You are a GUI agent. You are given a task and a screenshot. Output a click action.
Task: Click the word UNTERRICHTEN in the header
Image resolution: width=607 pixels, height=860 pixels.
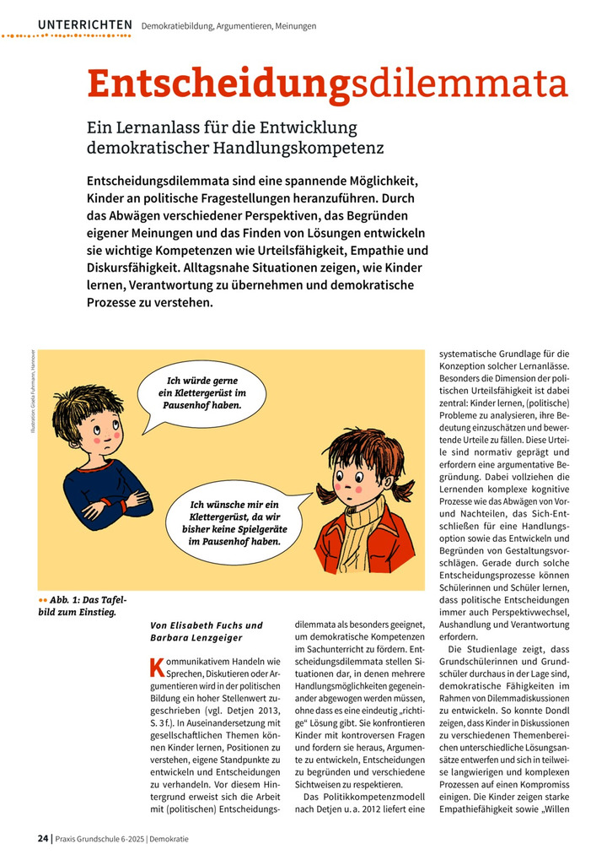[84, 25]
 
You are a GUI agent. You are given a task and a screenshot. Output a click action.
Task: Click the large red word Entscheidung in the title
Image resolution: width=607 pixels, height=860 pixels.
[218, 85]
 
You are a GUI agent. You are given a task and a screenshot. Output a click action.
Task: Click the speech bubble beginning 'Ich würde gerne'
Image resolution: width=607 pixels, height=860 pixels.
[201, 392]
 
